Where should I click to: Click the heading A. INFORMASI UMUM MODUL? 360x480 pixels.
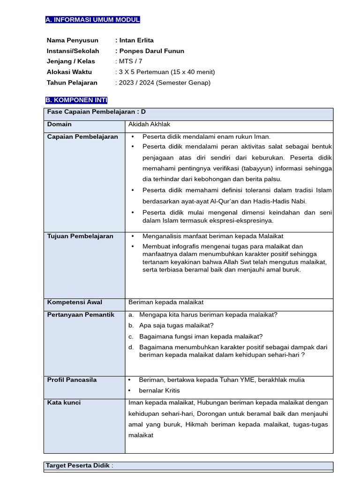92,20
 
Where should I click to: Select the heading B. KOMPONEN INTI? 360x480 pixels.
76,100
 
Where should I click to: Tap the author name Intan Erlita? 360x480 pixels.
136,40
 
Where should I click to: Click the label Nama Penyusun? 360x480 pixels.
72,40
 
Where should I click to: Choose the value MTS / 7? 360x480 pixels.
130,61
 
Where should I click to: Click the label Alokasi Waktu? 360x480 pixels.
69,72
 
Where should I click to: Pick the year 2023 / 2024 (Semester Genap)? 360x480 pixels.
165,82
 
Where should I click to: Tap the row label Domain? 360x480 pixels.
60,124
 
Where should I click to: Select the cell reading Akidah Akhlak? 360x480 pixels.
149,124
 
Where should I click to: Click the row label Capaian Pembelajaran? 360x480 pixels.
82,136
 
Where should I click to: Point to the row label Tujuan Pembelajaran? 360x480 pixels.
80,236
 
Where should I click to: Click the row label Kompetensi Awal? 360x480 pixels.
75,302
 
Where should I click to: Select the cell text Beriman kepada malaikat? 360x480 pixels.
166,302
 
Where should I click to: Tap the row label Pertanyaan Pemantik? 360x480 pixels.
81,315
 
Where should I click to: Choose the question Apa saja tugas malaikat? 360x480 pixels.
176,325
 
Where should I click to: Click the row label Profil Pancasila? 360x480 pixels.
72,380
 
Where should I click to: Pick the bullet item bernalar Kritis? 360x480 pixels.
159,390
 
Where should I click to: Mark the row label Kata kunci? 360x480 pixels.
64,403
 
